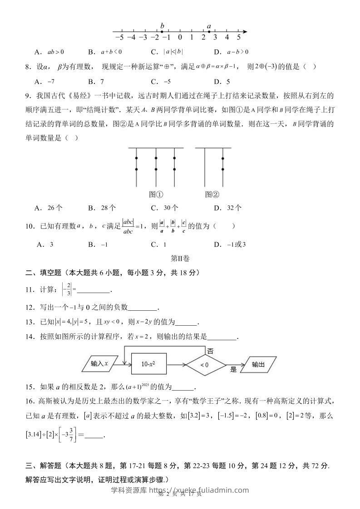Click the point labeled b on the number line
pyautogui.click(x=162, y=32)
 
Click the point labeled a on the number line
pyautogui.click(x=209, y=32)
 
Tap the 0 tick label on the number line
pyautogui.click(x=180, y=38)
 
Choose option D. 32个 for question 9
pyautogui.click(x=227, y=208)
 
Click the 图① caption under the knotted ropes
pyautogui.click(x=156, y=194)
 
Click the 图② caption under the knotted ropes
pyautogui.click(x=212, y=194)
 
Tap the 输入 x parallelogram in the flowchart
pyautogui.click(x=100, y=363)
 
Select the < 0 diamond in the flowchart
pyautogui.click(x=204, y=364)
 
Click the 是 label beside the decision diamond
pyautogui.click(x=234, y=369)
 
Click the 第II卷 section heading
pyautogui.click(x=180, y=258)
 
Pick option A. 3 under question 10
pyautogui.click(x=45, y=245)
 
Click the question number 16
pyautogui.click(x=30, y=401)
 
